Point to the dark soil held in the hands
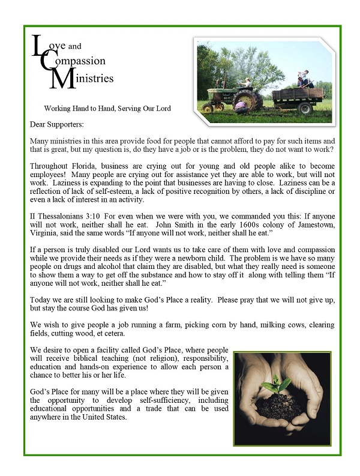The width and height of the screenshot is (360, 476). (x=281, y=403)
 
